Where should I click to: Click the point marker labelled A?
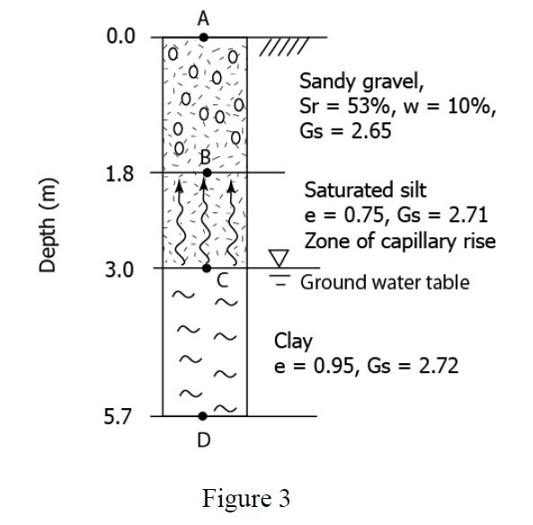(x=204, y=38)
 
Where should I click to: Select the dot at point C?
(x=206, y=268)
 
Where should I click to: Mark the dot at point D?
(x=203, y=416)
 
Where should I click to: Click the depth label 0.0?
(x=120, y=38)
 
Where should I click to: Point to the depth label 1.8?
(x=120, y=174)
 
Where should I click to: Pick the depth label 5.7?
(x=120, y=417)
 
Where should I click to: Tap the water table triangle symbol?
(x=280, y=259)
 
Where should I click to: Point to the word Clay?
(x=293, y=342)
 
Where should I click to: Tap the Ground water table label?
(x=384, y=282)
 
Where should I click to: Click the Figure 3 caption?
(x=245, y=497)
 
